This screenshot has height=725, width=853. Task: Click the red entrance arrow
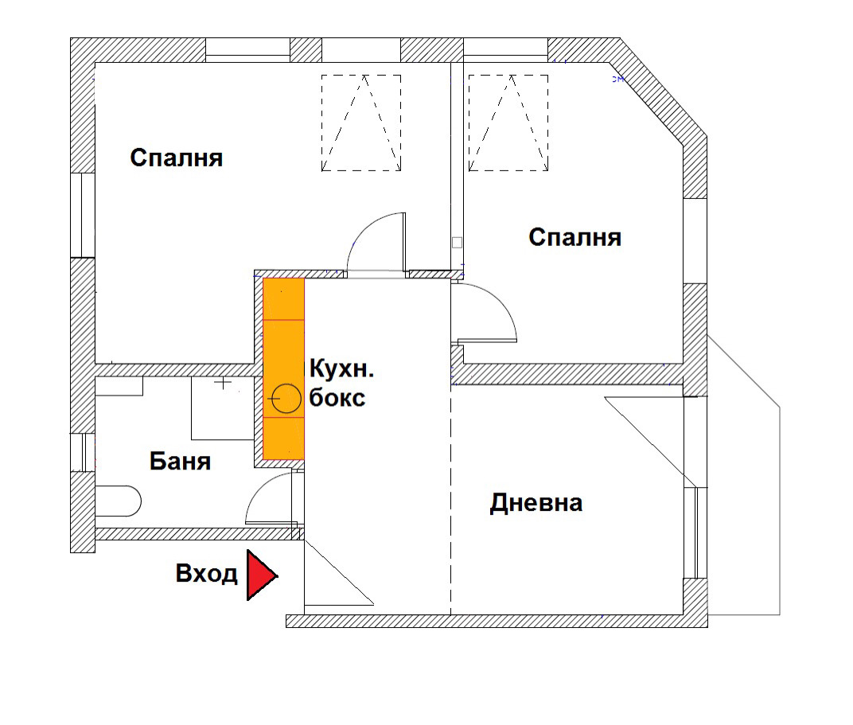(261, 575)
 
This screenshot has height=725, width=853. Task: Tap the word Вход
(207, 574)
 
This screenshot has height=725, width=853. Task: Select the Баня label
(180, 462)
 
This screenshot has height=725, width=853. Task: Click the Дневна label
(536, 503)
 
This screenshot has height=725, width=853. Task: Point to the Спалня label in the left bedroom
(177, 158)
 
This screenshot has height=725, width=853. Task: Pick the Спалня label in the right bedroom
(575, 238)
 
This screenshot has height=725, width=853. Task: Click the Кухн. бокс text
(341, 384)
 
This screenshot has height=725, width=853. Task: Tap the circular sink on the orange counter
(286, 399)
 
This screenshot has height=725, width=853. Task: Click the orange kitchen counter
(283, 368)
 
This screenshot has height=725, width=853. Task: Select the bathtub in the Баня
(118, 501)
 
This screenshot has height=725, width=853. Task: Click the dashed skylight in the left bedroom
(361, 123)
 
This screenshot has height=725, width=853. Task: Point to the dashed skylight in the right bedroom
(508, 123)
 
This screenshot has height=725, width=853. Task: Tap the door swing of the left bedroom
(376, 243)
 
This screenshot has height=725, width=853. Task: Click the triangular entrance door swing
(338, 572)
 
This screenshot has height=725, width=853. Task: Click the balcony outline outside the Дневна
(744, 475)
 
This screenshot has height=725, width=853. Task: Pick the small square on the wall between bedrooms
(457, 243)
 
